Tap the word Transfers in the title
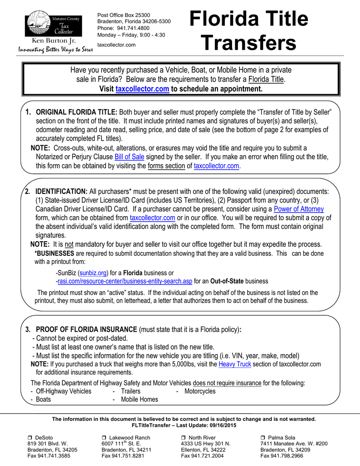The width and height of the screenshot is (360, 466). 248,43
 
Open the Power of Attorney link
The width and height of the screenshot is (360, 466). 299,209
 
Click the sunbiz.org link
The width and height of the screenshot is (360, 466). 93,273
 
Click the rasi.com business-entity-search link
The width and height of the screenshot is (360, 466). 125,281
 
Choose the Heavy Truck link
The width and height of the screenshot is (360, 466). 235,364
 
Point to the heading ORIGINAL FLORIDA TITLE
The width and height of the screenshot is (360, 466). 76,112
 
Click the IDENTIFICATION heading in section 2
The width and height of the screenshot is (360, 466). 61,192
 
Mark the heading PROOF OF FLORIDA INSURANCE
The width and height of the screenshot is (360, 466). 86,329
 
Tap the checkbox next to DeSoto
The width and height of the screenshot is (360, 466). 30,438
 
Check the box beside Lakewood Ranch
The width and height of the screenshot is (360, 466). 104,438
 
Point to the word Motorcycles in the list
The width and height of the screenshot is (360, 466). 200,391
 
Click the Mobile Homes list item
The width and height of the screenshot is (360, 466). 139,399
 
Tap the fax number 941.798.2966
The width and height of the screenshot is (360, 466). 286,455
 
